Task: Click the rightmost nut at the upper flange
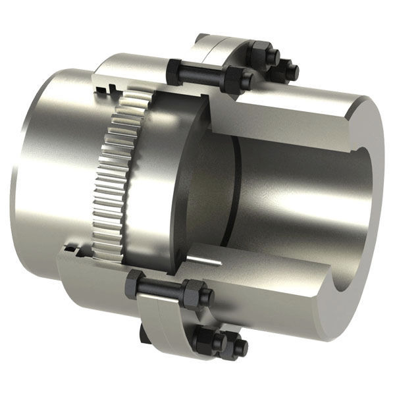[288, 68]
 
